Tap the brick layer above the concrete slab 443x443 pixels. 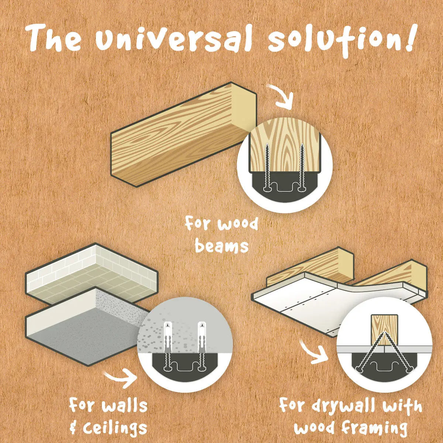[x=92, y=274]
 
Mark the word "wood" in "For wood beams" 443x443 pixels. [x=238, y=224]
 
